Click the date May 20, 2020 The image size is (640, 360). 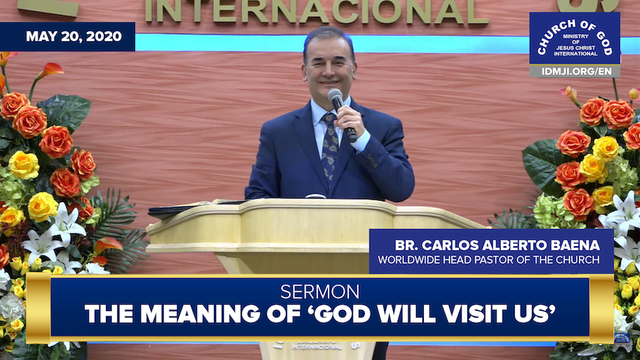(74, 36)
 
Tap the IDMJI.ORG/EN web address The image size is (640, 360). (576, 71)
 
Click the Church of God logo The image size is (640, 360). (575, 38)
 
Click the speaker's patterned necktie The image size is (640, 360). (330, 147)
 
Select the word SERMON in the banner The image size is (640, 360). (319, 292)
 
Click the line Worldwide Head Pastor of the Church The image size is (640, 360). (489, 260)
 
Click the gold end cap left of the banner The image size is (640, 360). (38, 308)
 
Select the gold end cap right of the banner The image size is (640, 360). (602, 308)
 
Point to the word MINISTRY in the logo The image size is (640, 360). (575, 36)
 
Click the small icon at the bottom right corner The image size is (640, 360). (622, 339)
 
